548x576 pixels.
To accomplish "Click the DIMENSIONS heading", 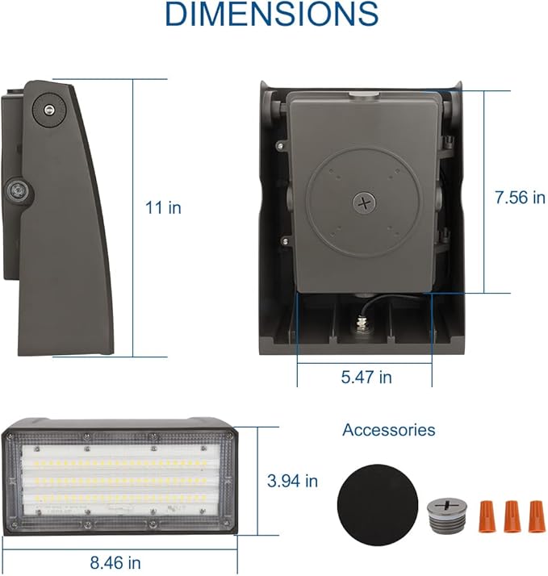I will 271,15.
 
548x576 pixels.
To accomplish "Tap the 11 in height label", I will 163,207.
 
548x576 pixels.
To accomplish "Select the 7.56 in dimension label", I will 520,198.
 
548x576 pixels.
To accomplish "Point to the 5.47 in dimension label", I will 365,377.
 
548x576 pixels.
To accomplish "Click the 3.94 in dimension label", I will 292,482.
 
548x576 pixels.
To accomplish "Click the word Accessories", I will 388,430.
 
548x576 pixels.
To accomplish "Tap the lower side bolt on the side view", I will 15,191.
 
